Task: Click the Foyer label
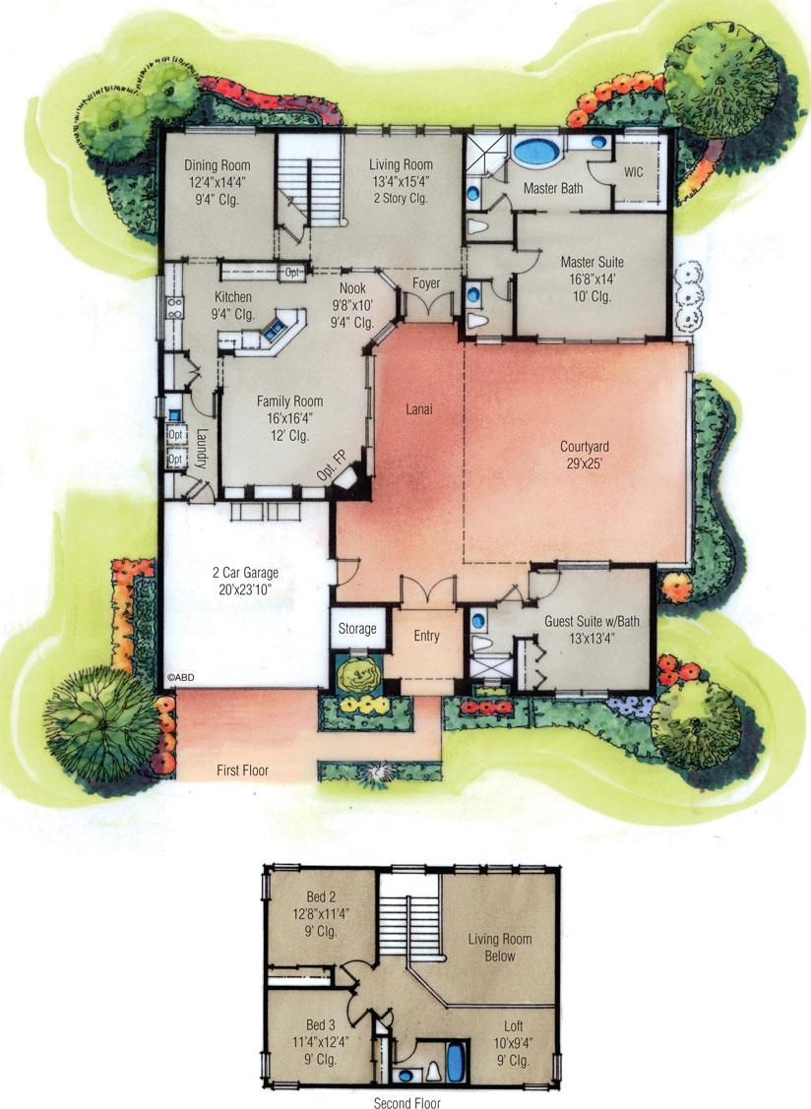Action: [426, 284]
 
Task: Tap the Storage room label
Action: [357, 629]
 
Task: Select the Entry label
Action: [426, 636]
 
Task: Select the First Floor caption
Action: [242, 770]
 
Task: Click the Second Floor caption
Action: [406, 1103]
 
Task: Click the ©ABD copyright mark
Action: [177, 678]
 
